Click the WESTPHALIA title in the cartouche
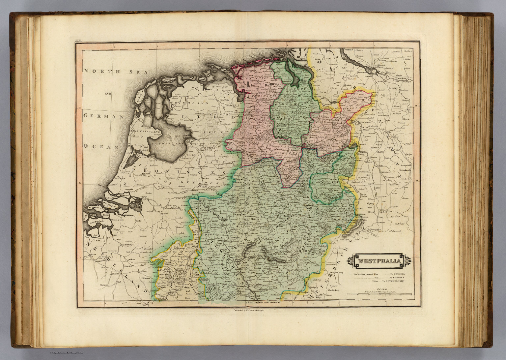[379, 262]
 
